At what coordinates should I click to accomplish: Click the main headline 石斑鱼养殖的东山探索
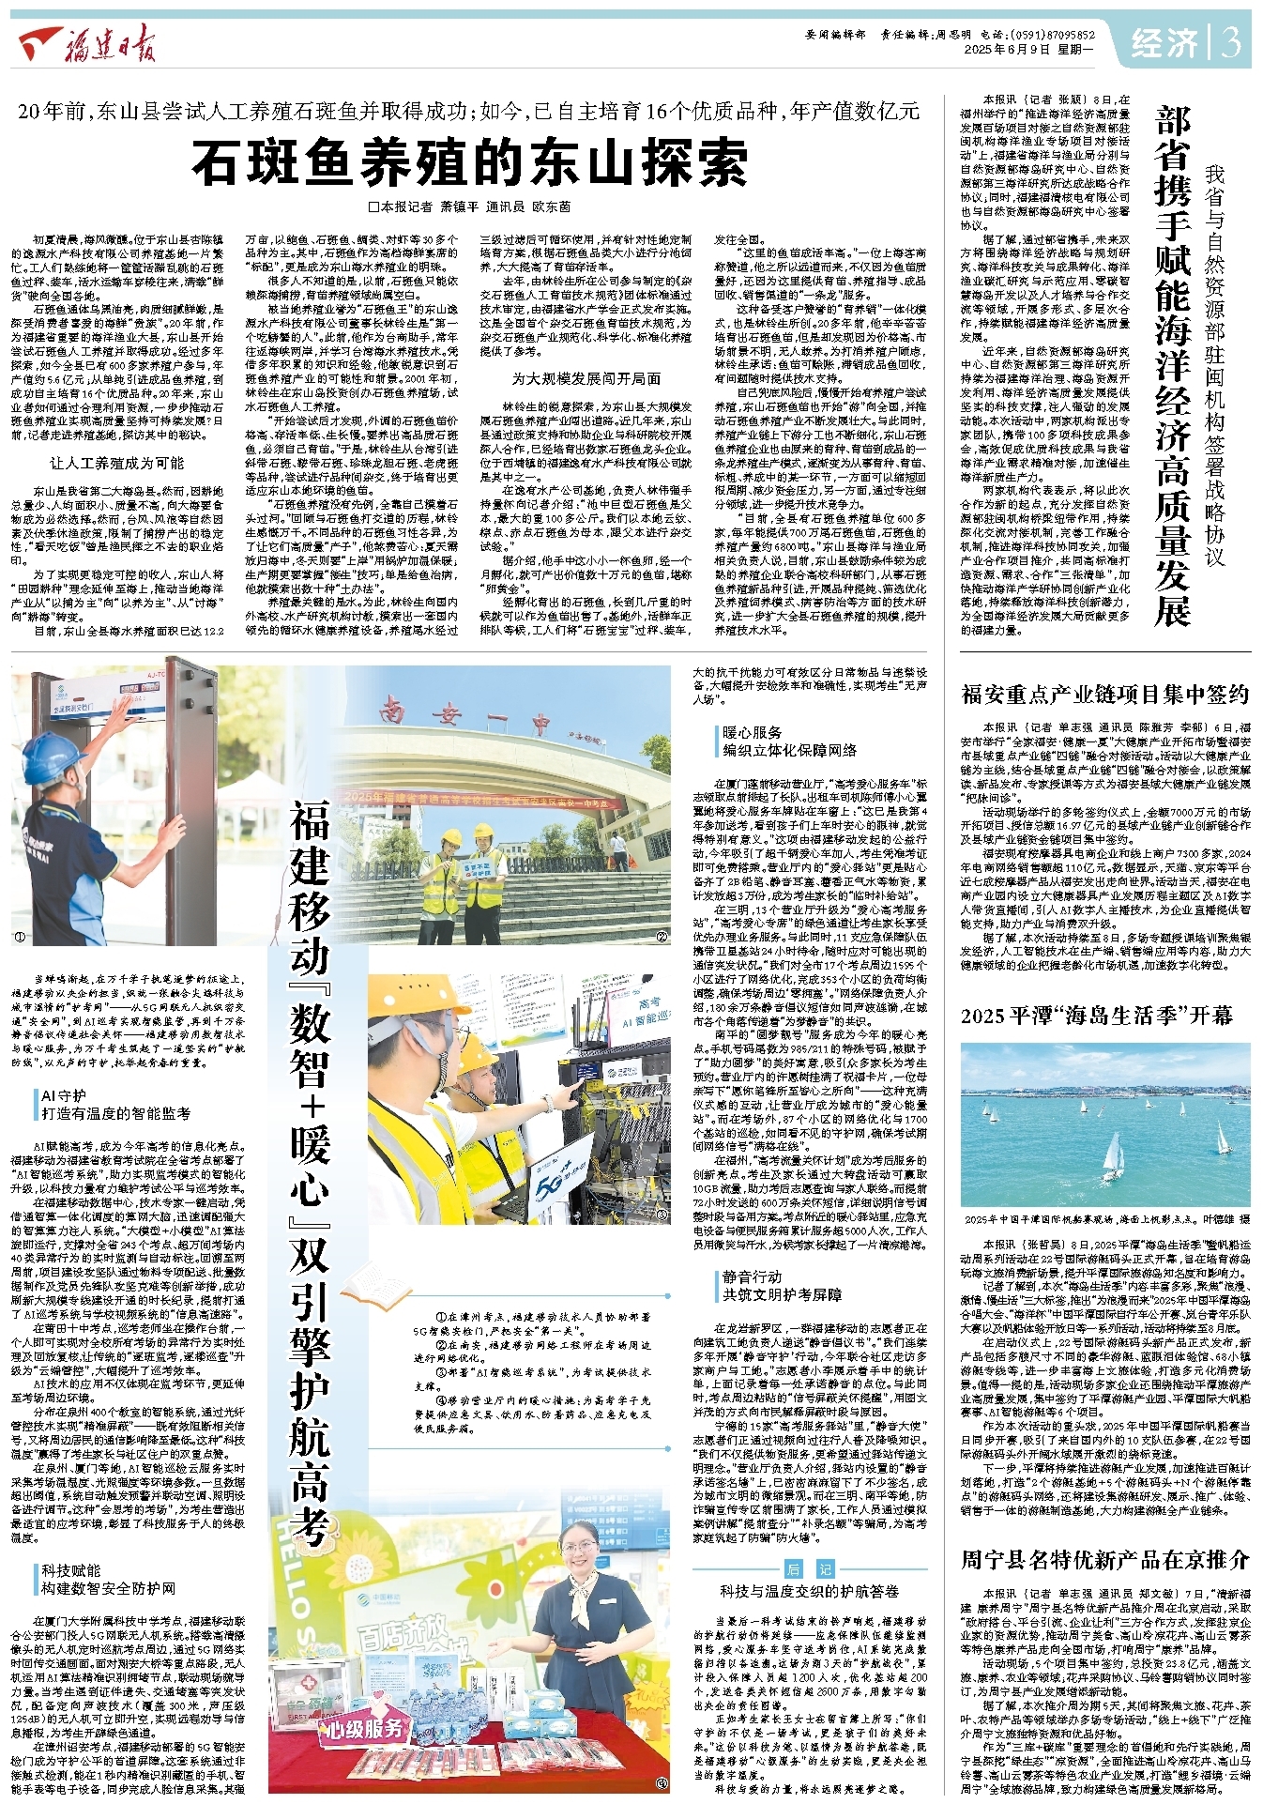(x=469, y=162)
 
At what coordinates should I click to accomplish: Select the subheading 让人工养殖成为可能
(x=116, y=463)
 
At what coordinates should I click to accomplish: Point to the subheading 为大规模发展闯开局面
(x=586, y=378)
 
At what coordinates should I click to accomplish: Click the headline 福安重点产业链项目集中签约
(x=1104, y=694)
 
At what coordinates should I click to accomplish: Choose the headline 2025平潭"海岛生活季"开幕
(x=1096, y=1016)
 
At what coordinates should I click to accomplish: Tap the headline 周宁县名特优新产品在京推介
(x=1104, y=1559)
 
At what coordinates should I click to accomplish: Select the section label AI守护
(x=64, y=1095)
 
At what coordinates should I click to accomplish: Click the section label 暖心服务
(x=753, y=732)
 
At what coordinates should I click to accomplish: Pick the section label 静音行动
(x=752, y=1277)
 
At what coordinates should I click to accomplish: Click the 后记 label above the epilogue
(x=809, y=1568)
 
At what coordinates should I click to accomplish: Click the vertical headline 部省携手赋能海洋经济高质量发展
(x=1172, y=366)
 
